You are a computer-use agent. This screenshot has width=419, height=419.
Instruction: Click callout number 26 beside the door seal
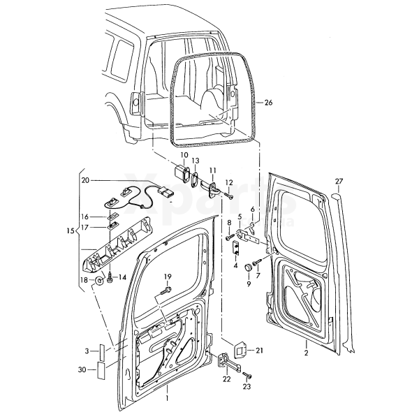[269, 103]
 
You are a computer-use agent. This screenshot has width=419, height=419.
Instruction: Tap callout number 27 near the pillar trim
[339, 182]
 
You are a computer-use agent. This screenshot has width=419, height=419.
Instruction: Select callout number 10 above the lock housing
[184, 155]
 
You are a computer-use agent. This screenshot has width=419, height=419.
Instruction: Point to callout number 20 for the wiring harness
[86, 180]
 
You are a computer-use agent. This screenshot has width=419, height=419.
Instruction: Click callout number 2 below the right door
[305, 354]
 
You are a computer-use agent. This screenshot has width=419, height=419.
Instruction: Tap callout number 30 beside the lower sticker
[82, 369]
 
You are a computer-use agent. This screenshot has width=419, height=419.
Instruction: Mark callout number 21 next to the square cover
[259, 351]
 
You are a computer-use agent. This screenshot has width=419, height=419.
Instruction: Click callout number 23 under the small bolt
[246, 385]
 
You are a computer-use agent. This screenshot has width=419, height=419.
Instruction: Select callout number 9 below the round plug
[248, 284]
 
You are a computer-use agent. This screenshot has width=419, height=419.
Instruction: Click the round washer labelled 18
[101, 281]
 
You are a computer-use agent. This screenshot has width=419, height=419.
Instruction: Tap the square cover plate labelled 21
[239, 347]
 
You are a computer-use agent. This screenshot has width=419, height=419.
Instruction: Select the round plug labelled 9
[248, 269]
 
